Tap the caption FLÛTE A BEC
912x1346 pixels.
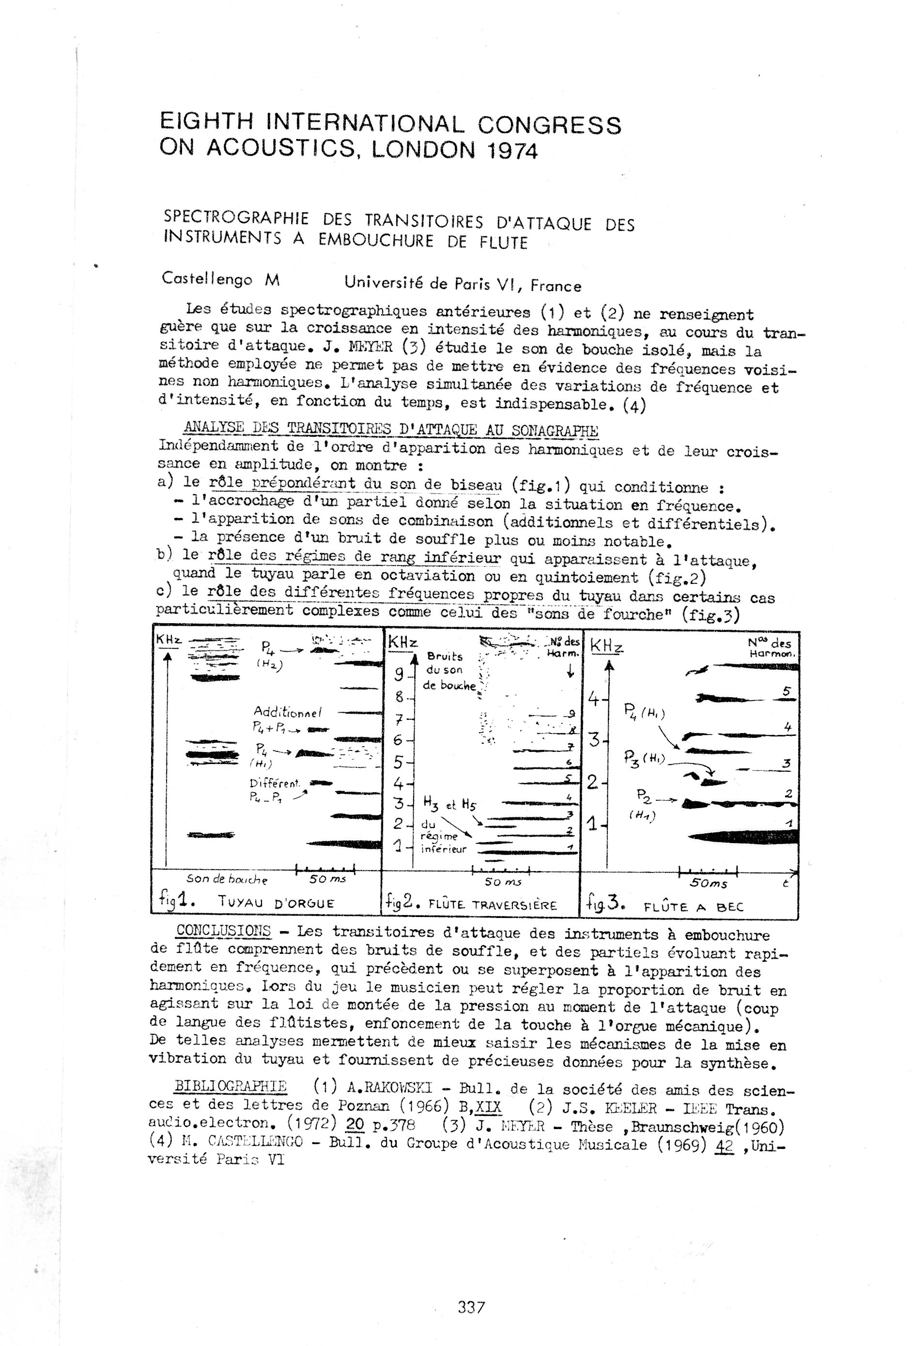(693, 906)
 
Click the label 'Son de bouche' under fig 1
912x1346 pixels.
(227, 879)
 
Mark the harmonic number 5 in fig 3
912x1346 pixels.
(786, 691)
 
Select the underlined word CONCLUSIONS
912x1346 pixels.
(224, 931)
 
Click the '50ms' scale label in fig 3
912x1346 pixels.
(708, 884)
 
